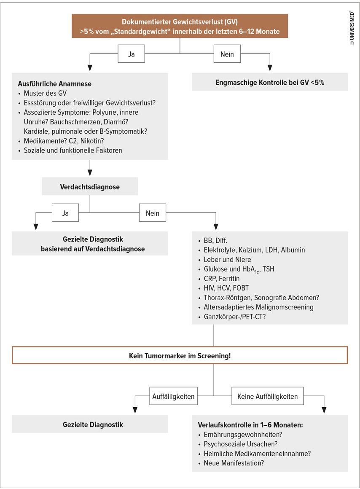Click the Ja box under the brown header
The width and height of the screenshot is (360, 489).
[132, 54]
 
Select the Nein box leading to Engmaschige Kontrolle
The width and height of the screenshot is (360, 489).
[227, 54]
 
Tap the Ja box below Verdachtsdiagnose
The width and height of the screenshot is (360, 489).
[65, 213]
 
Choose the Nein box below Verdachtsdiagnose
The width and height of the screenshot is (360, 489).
[153, 213]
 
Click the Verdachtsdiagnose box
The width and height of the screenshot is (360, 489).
[90, 186]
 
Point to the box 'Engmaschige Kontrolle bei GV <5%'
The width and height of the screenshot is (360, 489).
[270, 82]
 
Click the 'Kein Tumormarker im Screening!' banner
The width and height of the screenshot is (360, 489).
[180, 355]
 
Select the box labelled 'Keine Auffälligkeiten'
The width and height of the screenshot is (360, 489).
[268, 396]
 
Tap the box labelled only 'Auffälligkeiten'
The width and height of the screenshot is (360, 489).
[173, 396]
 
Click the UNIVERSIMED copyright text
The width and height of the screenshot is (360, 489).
[352, 28]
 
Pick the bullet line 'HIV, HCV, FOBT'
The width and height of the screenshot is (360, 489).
[223, 288]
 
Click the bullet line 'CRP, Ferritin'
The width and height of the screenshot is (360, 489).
[219, 279]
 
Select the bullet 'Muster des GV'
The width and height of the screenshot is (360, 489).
[42, 93]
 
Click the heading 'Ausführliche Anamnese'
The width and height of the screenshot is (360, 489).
[55, 83]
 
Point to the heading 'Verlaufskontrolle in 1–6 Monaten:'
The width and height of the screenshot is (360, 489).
[250, 425]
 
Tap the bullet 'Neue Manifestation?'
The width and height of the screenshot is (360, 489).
[231, 463]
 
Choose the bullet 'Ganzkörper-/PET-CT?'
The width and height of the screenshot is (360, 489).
[232, 317]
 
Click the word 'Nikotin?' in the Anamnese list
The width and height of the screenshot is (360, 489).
[92, 141]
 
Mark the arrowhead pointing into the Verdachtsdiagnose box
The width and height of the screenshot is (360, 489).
[90, 173]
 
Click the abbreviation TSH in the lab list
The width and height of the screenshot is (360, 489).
[268, 269]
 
